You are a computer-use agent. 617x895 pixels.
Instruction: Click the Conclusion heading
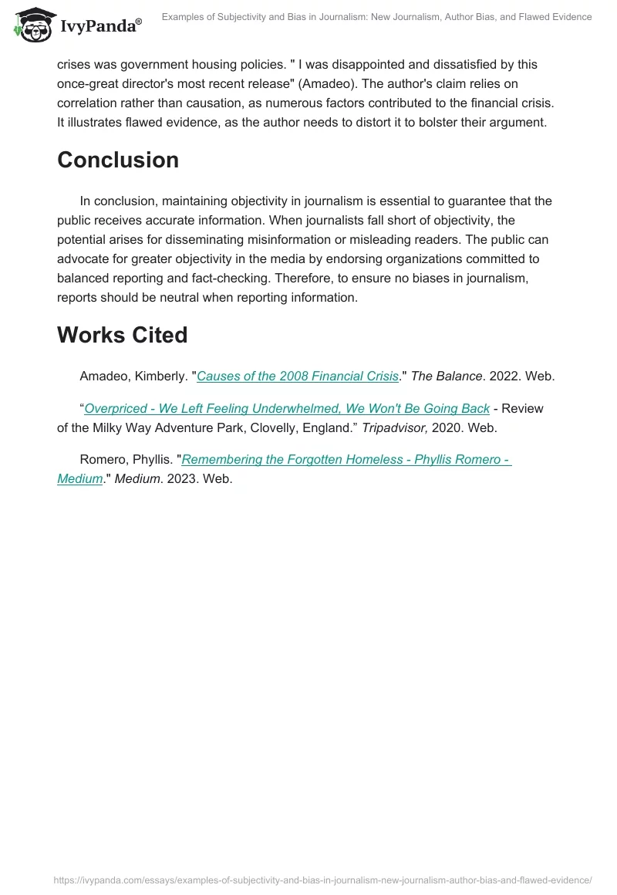click(x=118, y=160)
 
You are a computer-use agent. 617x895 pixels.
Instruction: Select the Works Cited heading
click(x=122, y=335)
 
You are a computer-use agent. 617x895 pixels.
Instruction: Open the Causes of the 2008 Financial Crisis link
click(x=298, y=377)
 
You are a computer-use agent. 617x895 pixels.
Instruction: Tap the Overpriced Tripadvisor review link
click(x=287, y=408)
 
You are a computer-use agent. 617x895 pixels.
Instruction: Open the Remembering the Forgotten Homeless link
click(x=346, y=460)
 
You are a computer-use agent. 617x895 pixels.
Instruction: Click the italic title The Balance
click(x=447, y=377)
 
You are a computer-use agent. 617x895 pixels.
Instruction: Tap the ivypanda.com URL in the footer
click(x=322, y=880)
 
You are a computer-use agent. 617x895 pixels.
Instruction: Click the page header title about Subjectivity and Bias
click(x=376, y=17)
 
